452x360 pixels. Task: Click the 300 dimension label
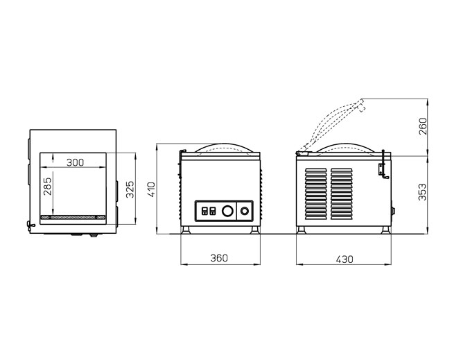(75, 163)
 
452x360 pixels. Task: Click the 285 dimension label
(48, 186)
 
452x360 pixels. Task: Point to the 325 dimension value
(130, 189)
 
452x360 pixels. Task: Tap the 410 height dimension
(151, 189)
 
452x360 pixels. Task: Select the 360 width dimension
(219, 258)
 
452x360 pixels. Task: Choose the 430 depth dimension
(345, 259)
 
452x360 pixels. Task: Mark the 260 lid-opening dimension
(423, 126)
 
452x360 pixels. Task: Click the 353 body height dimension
(423, 192)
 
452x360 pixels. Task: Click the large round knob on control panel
(227, 211)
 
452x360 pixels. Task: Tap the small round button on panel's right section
(245, 211)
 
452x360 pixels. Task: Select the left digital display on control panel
(205, 211)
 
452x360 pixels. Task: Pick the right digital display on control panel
(212, 211)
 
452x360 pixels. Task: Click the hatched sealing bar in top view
(73, 217)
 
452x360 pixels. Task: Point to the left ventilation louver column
(316, 194)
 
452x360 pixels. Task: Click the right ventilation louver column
(341, 194)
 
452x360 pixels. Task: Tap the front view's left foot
(186, 230)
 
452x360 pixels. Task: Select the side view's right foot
(385, 230)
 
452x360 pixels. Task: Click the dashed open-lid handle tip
(361, 105)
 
